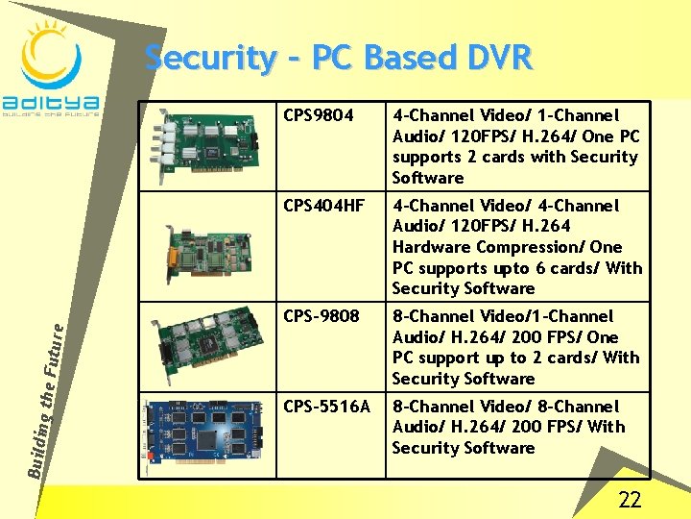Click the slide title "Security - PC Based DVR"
pos(338,58)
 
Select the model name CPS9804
pos(319,116)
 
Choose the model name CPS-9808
pos(322,316)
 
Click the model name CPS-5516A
pos(326,407)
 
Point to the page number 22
pos(630,499)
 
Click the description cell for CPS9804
pos(515,147)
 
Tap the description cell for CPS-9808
pos(515,347)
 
